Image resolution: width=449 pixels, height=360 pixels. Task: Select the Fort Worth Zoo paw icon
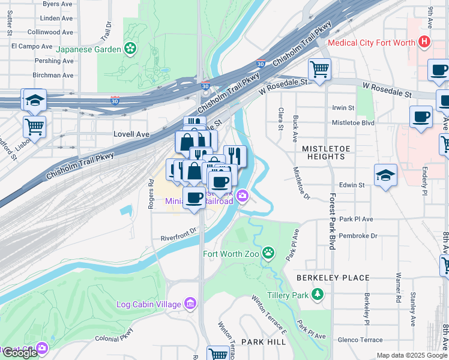coord(268,254)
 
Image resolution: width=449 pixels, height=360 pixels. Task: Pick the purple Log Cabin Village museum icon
coord(190,304)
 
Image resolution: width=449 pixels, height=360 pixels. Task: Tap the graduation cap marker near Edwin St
coord(385,175)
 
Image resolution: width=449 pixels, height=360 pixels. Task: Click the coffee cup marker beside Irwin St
coord(421,116)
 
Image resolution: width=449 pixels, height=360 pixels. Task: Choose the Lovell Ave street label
coord(131,135)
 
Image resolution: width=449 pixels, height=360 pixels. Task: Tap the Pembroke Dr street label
coord(358,236)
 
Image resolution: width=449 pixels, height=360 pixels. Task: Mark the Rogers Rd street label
coord(151,190)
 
